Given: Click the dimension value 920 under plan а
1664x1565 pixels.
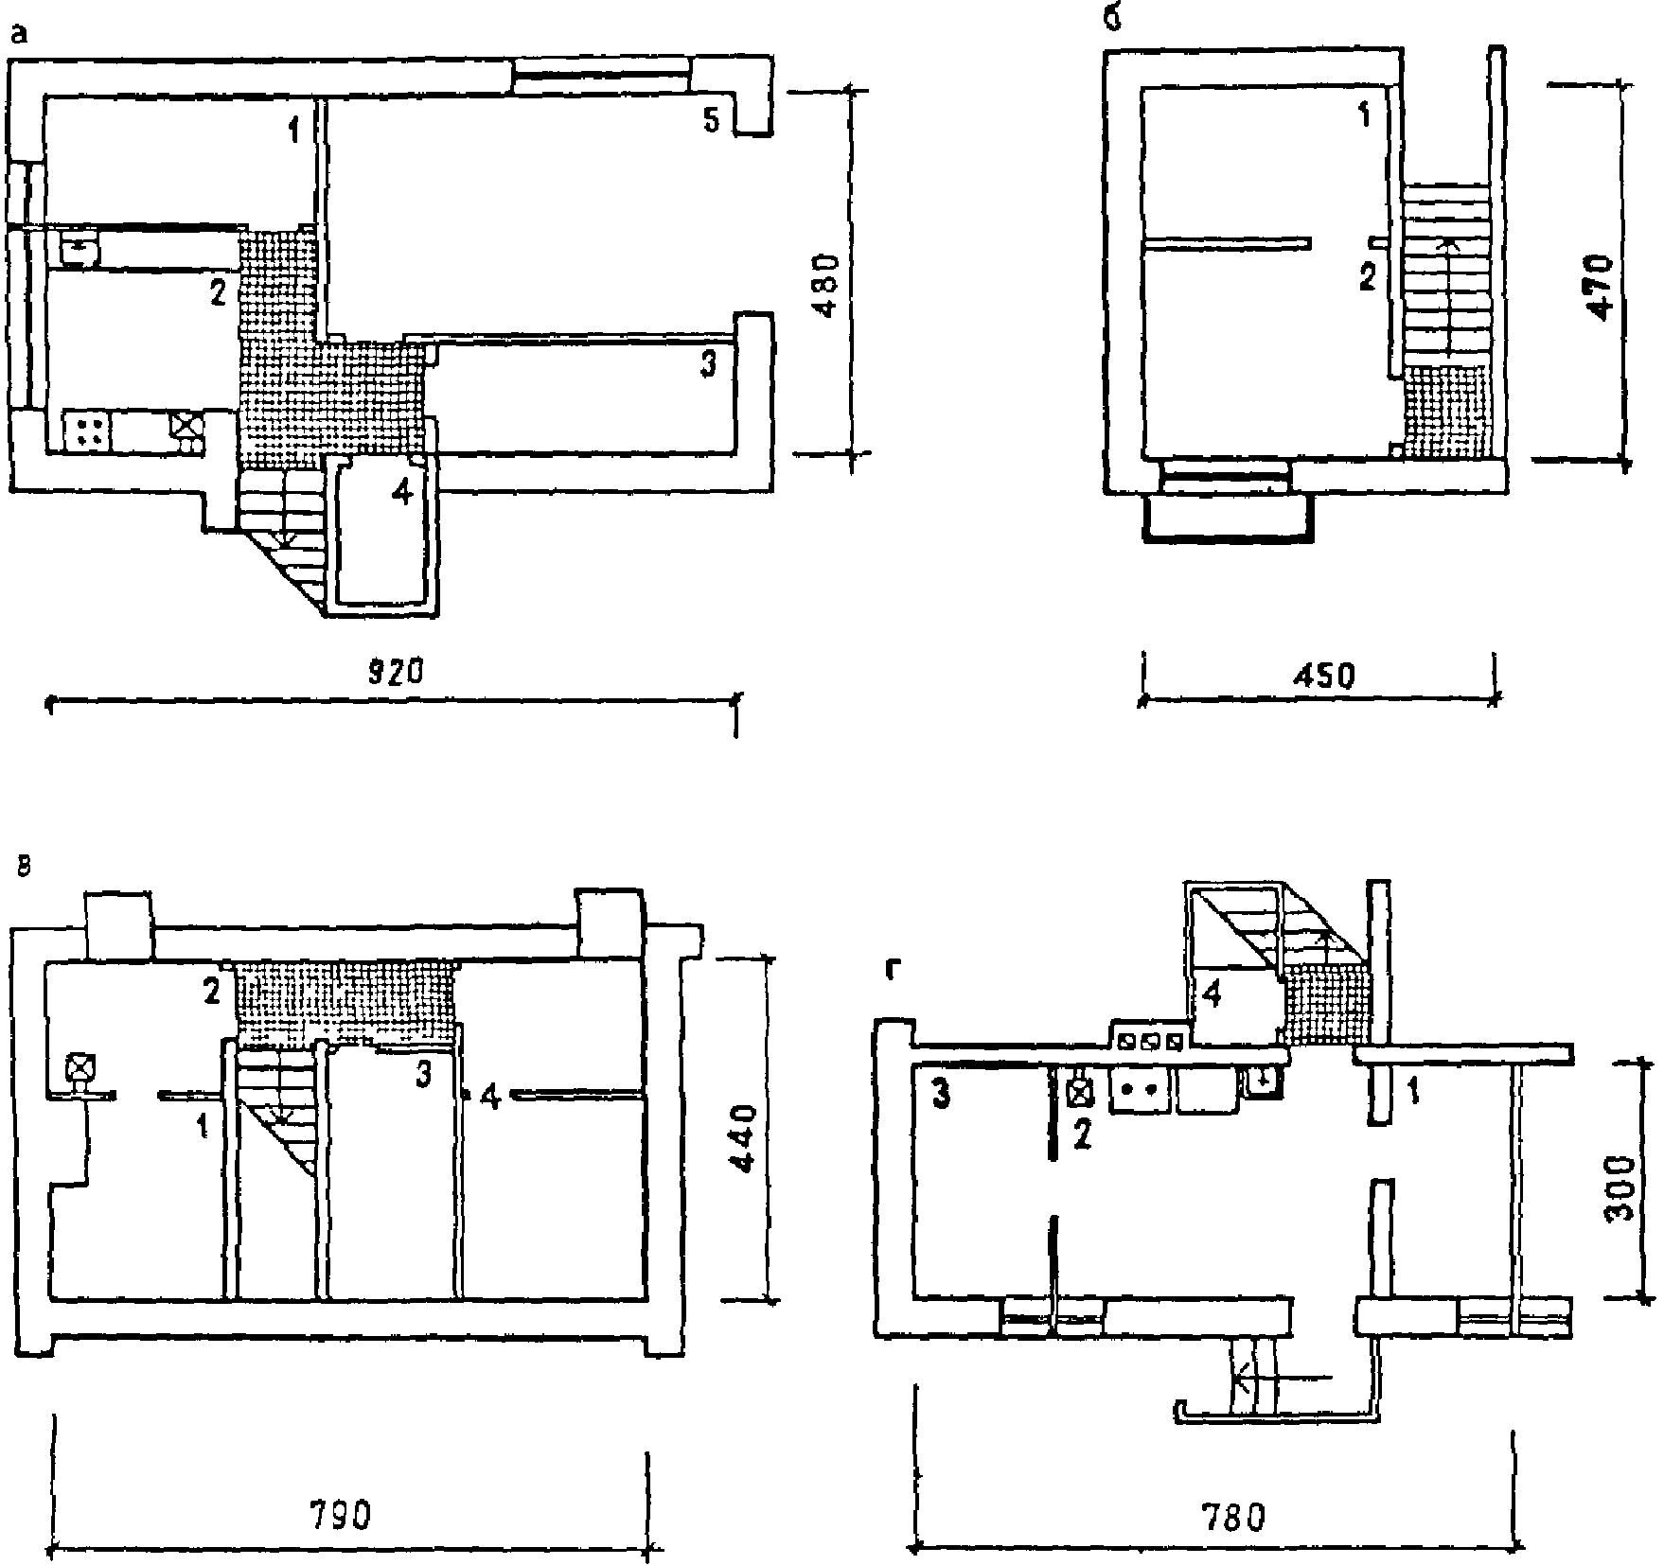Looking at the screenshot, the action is click(x=393, y=673).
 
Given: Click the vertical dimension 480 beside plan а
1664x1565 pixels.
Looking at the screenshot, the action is click(x=824, y=287).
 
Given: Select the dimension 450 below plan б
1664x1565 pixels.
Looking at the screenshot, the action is click(x=1322, y=676).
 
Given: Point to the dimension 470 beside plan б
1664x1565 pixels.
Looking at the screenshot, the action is click(x=1599, y=287).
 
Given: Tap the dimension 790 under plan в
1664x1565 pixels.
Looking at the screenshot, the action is click(x=341, y=1515).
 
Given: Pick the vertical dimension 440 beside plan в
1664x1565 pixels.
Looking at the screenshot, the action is click(x=744, y=1137).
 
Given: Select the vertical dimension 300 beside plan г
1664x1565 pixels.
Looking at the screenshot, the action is click(x=1621, y=1188).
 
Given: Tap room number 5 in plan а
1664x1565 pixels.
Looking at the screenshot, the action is click(x=711, y=120).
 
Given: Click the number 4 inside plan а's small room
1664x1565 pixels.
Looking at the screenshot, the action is click(x=403, y=492).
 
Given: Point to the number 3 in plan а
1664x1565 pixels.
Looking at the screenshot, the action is click(x=707, y=364).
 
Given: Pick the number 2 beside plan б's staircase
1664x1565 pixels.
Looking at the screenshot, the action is click(x=1366, y=277).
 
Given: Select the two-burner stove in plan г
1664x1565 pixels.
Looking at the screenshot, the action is click(x=1140, y=1089).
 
